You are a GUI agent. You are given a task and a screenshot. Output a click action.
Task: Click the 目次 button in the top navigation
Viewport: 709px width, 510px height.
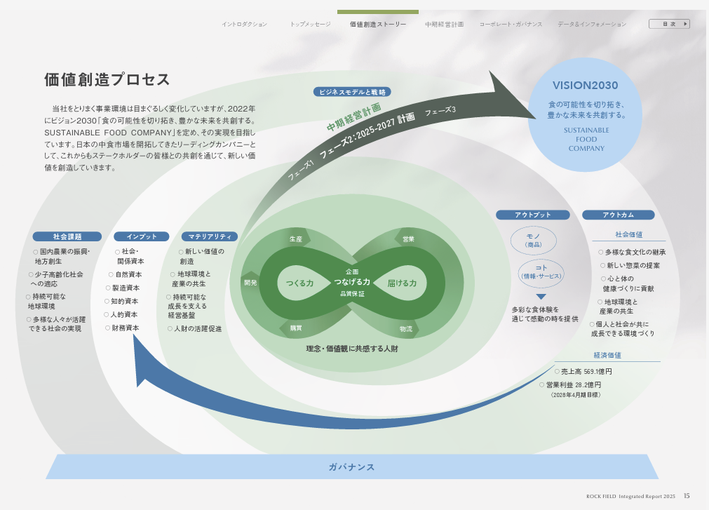pyautogui.click(x=668, y=24)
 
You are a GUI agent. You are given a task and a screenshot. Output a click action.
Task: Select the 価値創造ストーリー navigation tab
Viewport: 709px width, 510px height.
pyautogui.click(x=378, y=25)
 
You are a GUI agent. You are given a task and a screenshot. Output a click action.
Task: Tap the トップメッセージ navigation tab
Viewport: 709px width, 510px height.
pyautogui.click(x=310, y=25)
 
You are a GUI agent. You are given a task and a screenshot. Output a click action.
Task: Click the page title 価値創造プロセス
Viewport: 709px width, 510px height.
pyautogui.click(x=107, y=79)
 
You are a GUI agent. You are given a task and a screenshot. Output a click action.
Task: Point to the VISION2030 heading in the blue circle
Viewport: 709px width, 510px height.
pyautogui.click(x=586, y=86)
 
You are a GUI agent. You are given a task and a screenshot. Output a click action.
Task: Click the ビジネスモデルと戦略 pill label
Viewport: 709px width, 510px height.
pyautogui.click(x=352, y=92)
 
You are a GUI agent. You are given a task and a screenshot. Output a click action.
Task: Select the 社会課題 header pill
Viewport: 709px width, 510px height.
pyautogui.click(x=67, y=237)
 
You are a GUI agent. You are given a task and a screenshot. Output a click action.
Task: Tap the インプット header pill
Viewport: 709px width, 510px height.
pyautogui.click(x=141, y=237)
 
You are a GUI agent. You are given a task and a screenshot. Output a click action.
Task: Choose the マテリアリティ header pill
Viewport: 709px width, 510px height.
pyautogui.click(x=210, y=237)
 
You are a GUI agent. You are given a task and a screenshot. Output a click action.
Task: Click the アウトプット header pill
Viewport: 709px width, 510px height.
pyautogui.click(x=533, y=215)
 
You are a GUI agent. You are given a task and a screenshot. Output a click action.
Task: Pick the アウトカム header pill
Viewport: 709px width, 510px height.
pyautogui.click(x=618, y=215)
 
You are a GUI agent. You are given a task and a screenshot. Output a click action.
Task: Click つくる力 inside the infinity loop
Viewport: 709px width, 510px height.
pyautogui.click(x=299, y=283)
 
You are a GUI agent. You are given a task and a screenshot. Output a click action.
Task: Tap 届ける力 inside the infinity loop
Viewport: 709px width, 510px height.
pyautogui.click(x=402, y=283)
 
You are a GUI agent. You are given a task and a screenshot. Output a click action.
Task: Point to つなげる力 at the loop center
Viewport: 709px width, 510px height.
pyautogui.click(x=352, y=282)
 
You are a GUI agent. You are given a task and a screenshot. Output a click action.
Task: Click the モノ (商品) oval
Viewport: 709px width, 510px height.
pyautogui.click(x=533, y=241)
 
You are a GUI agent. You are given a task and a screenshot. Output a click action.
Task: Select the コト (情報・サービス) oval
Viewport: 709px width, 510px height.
pyautogui.click(x=541, y=272)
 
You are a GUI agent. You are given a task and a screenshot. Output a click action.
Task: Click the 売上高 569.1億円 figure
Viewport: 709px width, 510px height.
pyautogui.click(x=583, y=372)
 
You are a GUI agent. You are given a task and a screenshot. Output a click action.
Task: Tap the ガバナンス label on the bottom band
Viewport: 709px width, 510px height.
pyautogui.click(x=352, y=467)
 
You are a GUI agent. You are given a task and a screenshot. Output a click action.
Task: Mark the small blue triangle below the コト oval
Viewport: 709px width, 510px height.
pyautogui.click(x=541, y=297)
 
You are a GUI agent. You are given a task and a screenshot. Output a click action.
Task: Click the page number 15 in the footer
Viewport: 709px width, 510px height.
pyautogui.click(x=687, y=496)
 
